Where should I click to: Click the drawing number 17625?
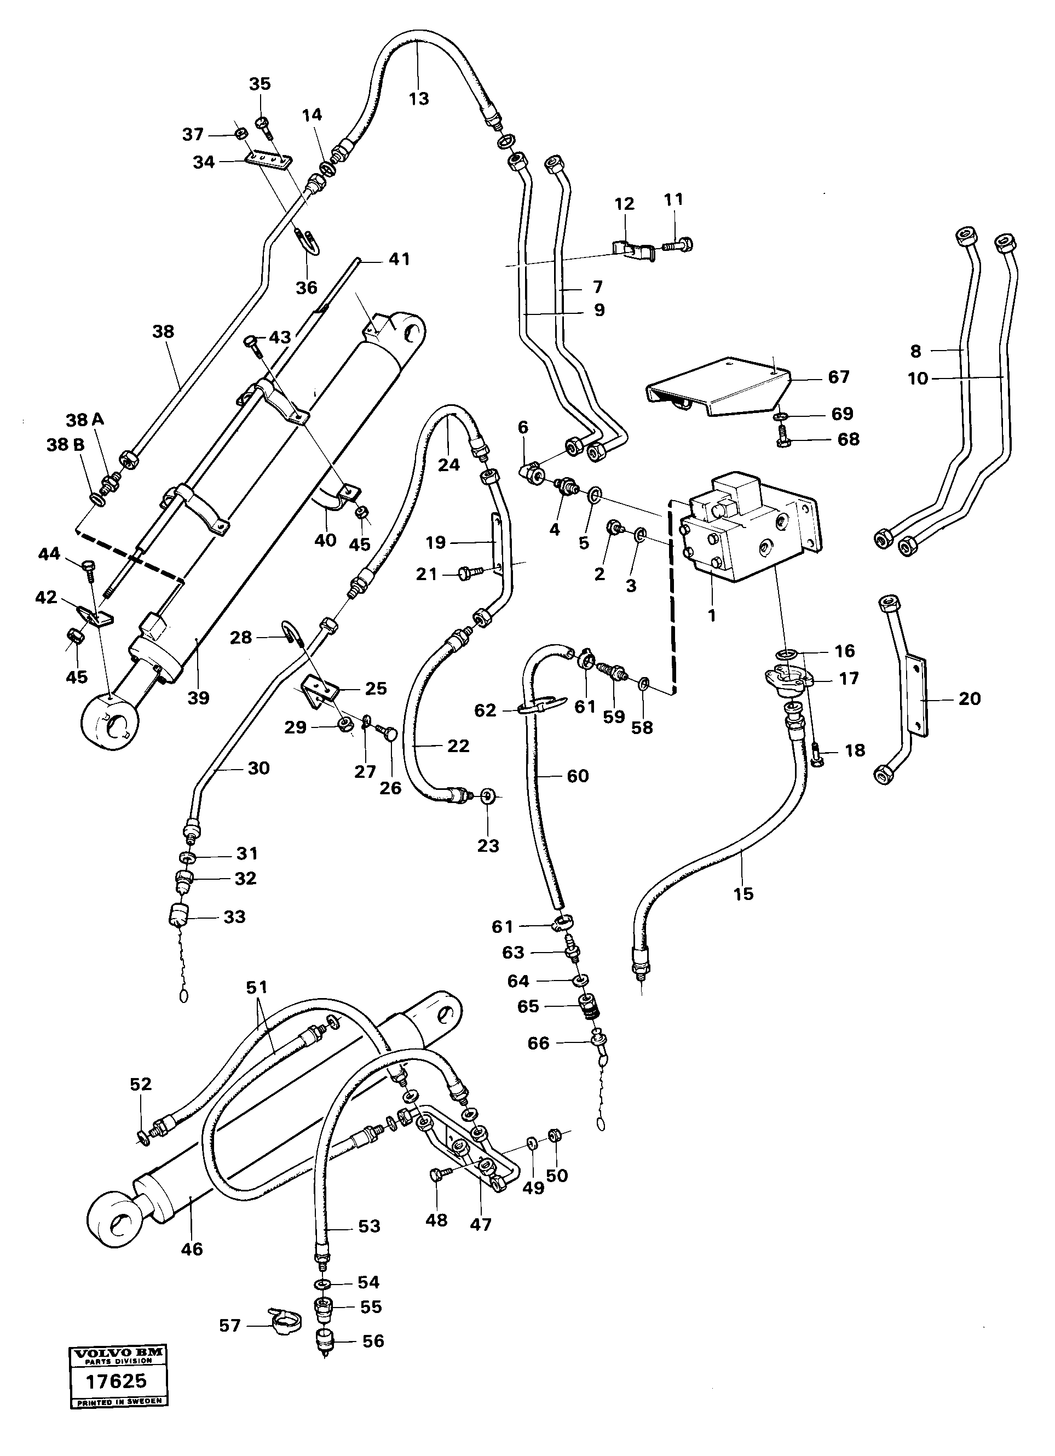(x=118, y=1380)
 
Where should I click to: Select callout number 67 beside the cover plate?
(x=838, y=377)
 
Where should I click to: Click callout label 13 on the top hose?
(x=418, y=99)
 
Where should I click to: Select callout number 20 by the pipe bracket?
(x=969, y=698)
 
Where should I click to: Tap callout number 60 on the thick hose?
(x=577, y=776)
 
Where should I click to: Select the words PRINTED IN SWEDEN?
(x=118, y=1402)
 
